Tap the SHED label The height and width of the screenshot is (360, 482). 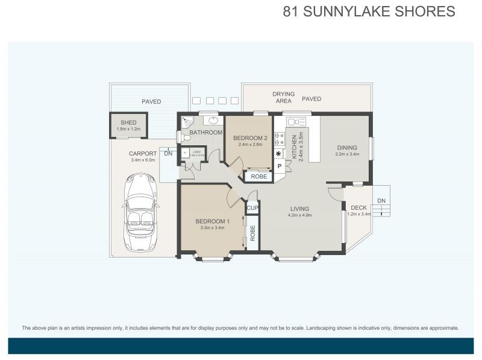[x=128, y=122]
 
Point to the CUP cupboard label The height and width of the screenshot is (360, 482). [x=252, y=209]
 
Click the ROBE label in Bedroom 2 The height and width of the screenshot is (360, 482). [x=259, y=177]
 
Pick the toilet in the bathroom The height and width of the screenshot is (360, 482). [x=186, y=137]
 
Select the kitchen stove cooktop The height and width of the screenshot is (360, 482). [x=280, y=139]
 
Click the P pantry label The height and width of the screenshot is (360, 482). [x=280, y=166]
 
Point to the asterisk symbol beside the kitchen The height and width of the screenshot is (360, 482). [x=279, y=154]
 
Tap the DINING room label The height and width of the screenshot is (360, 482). [x=346, y=147]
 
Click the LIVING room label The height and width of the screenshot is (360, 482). [x=299, y=209]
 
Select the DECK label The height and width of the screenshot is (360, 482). [x=358, y=208]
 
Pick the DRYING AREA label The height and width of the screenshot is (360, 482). [x=283, y=98]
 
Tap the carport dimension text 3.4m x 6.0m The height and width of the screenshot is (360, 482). [x=143, y=160]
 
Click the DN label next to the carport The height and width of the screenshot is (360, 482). [x=168, y=154]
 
